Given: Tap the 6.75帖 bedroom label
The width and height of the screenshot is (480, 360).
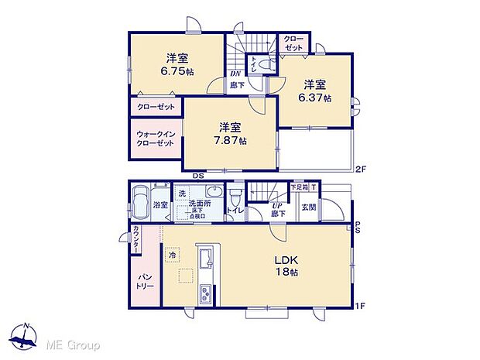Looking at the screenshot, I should pos(177,64).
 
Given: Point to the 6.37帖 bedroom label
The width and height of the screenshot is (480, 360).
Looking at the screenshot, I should pos(316,91).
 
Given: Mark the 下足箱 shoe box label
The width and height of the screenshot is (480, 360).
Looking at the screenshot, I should pos(299,187).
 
